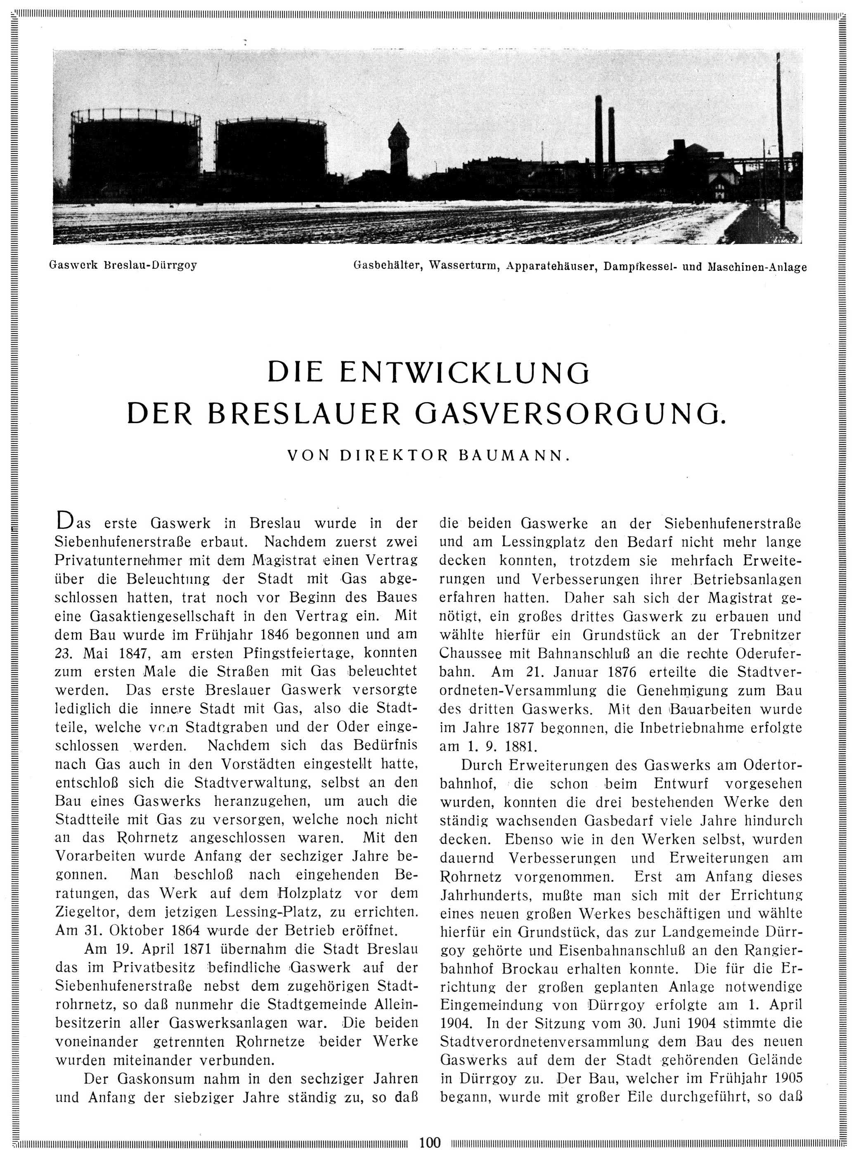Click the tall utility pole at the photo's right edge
780,140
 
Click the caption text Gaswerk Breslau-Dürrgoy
123,265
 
